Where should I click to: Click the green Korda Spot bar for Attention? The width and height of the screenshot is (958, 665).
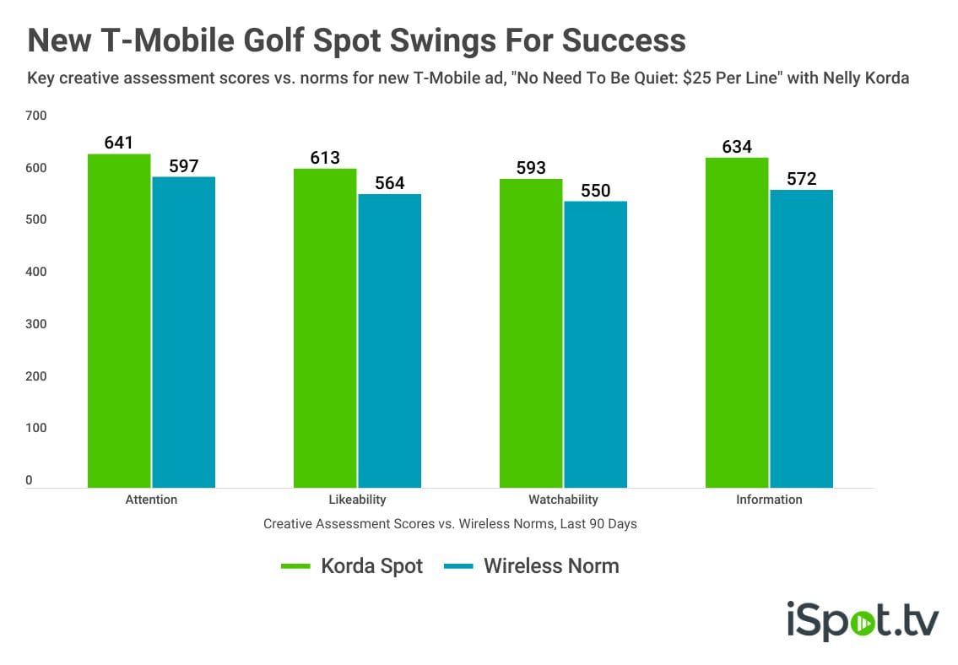click(x=119, y=321)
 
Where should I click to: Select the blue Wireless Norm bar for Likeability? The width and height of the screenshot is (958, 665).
click(x=390, y=341)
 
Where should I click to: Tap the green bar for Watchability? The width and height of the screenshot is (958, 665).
click(x=531, y=333)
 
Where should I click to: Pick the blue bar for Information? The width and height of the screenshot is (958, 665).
click(x=802, y=339)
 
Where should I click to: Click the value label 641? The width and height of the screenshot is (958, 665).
click(x=118, y=143)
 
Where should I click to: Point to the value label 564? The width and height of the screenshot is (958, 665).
click(x=390, y=182)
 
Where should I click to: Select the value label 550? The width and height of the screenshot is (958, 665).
click(x=596, y=191)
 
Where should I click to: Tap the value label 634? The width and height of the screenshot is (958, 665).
click(x=737, y=147)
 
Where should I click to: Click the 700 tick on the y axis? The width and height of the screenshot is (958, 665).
click(x=36, y=116)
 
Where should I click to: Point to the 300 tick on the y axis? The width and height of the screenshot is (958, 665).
click(x=36, y=324)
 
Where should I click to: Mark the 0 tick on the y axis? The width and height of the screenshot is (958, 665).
click(x=29, y=480)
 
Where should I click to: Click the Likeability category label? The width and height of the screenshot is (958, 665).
click(x=357, y=500)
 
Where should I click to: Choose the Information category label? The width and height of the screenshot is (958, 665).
click(x=769, y=500)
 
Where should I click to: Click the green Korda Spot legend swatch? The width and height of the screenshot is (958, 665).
click(x=295, y=566)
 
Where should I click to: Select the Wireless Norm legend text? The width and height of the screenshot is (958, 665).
click(x=552, y=566)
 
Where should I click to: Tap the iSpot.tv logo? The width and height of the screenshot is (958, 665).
click(x=863, y=620)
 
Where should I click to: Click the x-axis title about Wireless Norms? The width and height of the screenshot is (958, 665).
click(x=450, y=524)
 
